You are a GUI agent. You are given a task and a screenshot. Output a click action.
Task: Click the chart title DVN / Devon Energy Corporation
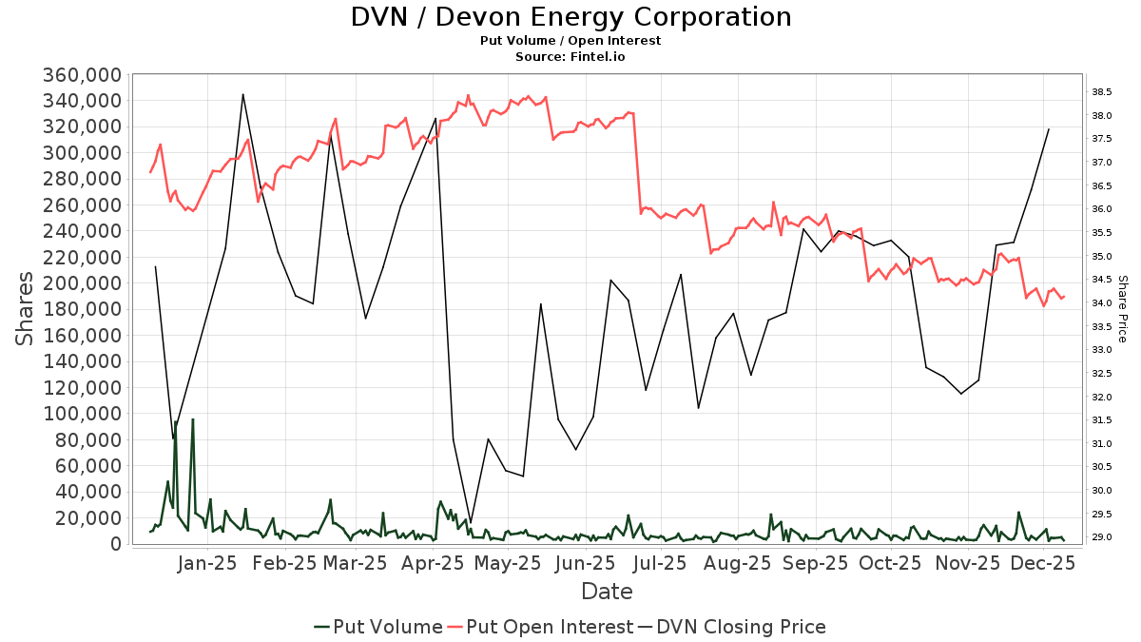click(x=570, y=17)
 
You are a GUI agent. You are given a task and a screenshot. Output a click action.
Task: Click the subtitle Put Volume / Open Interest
click(x=570, y=41)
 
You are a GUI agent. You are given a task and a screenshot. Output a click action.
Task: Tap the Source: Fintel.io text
click(x=570, y=57)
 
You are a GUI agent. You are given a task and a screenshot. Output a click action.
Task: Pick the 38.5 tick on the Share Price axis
click(x=1102, y=92)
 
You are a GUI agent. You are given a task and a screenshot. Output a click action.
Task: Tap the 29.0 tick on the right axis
click(x=1102, y=537)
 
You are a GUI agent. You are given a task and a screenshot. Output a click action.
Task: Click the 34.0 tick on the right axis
click(x=1102, y=303)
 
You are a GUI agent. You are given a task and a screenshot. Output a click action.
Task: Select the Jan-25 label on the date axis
click(x=208, y=563)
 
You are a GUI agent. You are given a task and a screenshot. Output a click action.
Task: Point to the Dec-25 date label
click(x=1042, y=563)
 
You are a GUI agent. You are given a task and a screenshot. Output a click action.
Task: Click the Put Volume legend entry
click(x=378, y=627)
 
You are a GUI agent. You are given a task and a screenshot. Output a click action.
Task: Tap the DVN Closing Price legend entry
click(x=732, y=627)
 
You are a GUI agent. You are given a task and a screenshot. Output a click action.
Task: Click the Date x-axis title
click(x=607, y=592)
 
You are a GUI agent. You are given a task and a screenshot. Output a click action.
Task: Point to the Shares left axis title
click(x=26, y=309)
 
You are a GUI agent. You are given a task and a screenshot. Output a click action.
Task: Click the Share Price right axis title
click(x=1122, y=309)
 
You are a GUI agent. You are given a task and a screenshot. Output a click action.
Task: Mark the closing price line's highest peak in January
click(x=243, y=94)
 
